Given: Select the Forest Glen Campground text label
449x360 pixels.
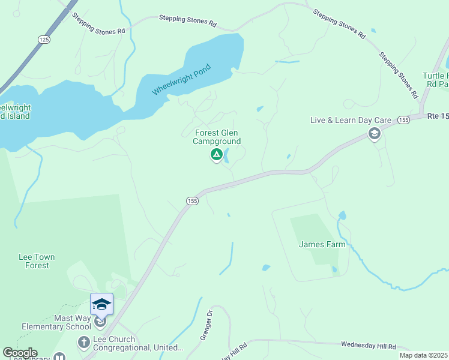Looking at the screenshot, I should (x=217, y=137).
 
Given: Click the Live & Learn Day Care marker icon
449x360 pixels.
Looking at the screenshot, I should (x=375, y=133).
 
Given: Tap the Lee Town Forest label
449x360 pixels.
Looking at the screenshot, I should (x=37, y=261).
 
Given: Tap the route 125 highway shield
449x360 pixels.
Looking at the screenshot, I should (x=43, y=39).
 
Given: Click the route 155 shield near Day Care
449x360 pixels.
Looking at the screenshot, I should (x=403, y=120).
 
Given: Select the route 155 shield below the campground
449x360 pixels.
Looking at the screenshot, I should (x=191, y=200).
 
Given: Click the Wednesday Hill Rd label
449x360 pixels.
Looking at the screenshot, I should (x=368, y=346).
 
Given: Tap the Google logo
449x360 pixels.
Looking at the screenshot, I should (x=20, y=353).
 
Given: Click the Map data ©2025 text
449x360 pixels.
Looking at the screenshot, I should (x=424, y=355).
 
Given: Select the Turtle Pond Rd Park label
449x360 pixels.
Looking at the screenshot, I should (x=437, y=80).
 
